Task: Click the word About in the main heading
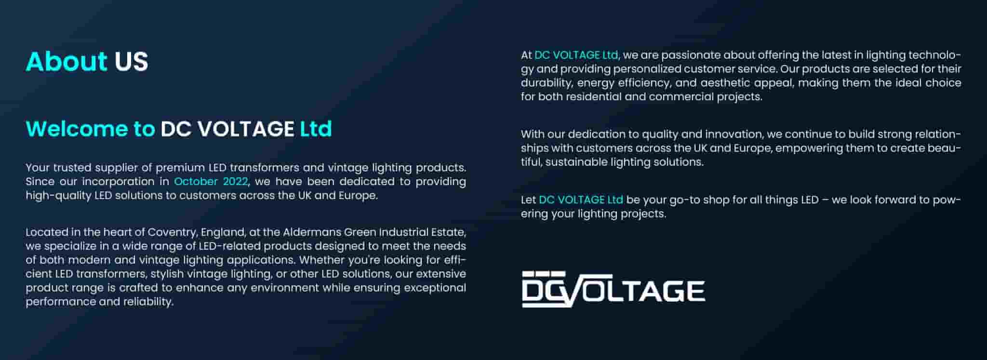67,61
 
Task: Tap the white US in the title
131,62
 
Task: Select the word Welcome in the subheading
78,129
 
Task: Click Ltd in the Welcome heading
316,129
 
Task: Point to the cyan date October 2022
211,182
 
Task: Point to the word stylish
167,274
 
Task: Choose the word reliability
148,302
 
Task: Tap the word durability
547,83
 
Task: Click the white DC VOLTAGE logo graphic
614,289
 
